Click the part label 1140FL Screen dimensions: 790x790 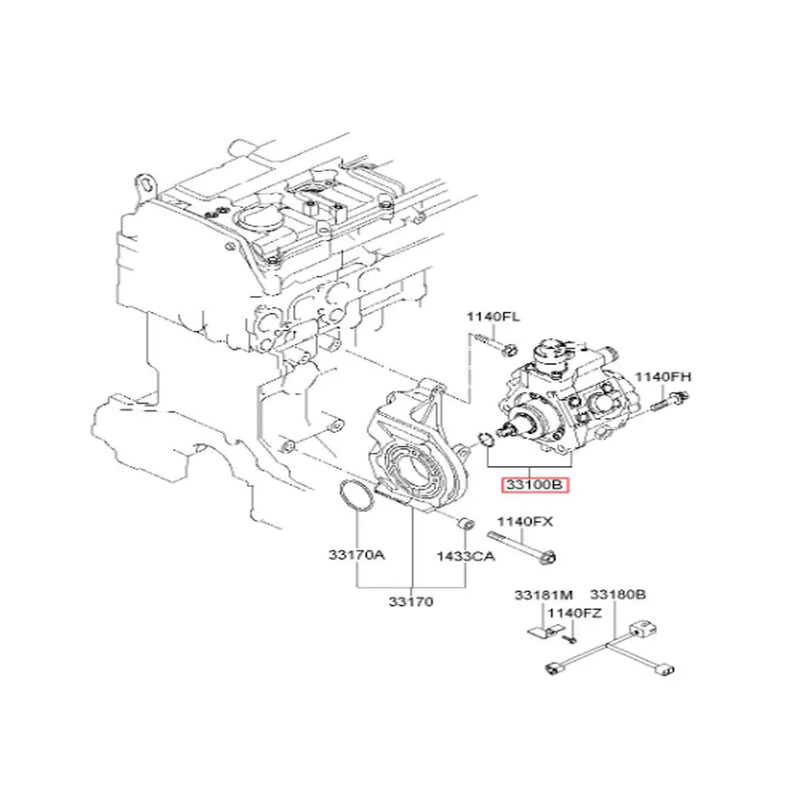492,318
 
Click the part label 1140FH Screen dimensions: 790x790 664,377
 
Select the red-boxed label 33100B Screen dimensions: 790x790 535,486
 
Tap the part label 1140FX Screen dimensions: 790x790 523,521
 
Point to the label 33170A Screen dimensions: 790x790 356,555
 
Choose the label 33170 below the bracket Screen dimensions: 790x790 410,602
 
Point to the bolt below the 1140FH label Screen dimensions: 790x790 668,403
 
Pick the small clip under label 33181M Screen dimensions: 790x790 539,631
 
